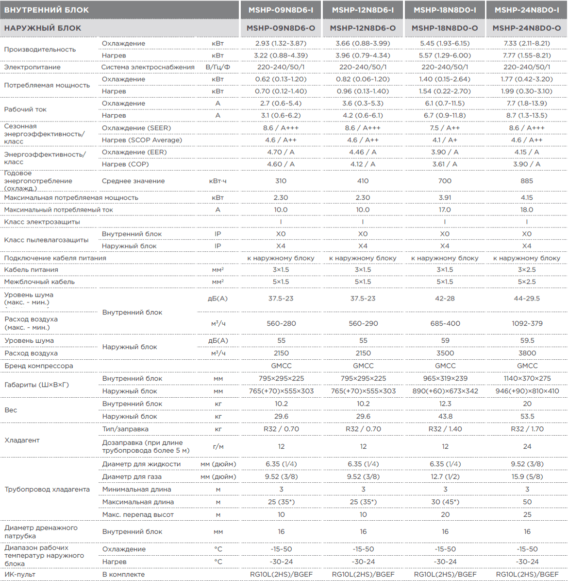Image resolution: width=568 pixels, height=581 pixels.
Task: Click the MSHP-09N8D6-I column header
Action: point(281,10)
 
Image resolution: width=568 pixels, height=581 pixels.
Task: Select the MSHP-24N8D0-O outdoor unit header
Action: point(527,28)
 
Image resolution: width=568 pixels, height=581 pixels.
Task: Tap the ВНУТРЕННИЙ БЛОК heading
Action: point(47,10)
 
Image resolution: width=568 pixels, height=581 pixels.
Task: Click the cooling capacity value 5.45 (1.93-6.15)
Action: point(445,43)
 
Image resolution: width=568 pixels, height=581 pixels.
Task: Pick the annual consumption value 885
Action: point(527,181)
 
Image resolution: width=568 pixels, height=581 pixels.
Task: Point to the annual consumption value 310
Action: point(281,181)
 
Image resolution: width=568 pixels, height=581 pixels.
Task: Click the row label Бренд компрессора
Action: point(39,366)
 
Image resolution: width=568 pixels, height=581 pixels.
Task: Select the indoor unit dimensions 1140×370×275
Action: point(527,378)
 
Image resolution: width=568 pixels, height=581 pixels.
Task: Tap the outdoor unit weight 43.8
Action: point(445,416)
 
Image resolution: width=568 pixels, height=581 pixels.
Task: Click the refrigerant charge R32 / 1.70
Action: point(527,429)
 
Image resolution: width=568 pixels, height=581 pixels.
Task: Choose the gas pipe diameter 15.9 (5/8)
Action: point(527,476)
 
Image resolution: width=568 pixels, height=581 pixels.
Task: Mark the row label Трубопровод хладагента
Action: point(47,489)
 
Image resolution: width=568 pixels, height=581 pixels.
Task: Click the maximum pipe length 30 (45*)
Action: point(445,502)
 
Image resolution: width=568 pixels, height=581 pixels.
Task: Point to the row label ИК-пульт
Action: point(19,574)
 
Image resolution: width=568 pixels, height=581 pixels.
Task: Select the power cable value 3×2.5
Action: point(527,269)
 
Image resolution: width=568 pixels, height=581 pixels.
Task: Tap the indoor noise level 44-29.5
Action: point(527,299)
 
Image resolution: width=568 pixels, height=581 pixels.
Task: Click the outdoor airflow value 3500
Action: point(445,353)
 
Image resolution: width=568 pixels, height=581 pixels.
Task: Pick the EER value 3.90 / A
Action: point(445,152)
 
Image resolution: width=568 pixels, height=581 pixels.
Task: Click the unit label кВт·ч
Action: point(217,181)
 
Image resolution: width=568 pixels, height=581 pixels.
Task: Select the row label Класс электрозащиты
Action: point(42,222)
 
